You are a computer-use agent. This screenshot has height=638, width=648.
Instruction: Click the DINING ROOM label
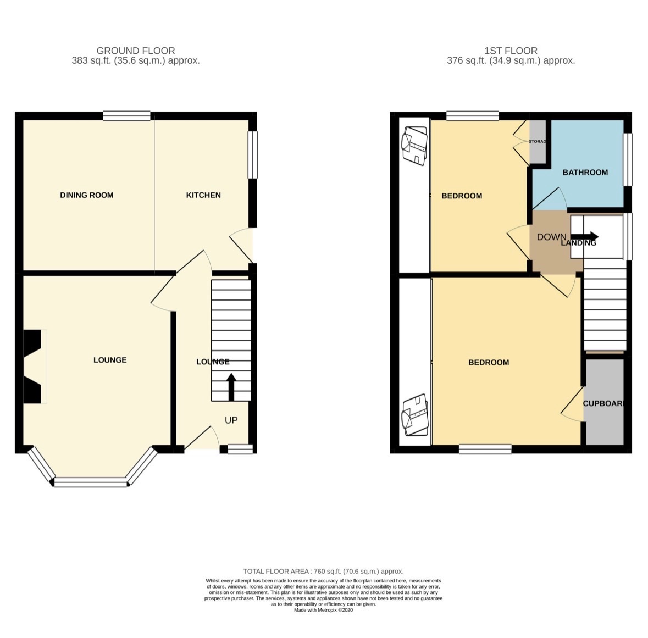(86, 195)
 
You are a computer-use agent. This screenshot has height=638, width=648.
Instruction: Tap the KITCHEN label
(203, 195)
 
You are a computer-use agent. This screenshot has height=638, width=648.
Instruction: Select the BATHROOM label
(585, 173)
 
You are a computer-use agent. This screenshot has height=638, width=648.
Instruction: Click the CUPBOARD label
(603, 403)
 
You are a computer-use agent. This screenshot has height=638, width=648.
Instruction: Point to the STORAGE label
(537, 142)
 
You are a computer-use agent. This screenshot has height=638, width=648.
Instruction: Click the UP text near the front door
(231, 420)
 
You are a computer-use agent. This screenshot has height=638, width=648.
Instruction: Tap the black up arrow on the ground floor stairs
(231, 387)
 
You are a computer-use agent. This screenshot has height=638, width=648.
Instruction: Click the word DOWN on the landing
(551, 237)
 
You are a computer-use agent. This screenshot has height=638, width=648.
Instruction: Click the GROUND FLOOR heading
(136, 51)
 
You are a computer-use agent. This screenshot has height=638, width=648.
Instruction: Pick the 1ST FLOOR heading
(511, 51)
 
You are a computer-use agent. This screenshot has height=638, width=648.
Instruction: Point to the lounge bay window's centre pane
(91, 482)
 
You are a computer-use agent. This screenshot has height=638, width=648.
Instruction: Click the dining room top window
(127, 116)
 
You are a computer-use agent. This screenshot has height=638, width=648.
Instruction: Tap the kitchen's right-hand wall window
(252, 154)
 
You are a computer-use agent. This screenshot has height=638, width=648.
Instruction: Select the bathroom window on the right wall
(627, 159)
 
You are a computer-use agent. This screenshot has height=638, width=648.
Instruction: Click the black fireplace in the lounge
(32, 367)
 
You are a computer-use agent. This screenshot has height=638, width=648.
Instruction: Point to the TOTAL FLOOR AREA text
(323, 572)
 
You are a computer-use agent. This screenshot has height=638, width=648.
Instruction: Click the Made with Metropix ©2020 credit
(323, 610)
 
